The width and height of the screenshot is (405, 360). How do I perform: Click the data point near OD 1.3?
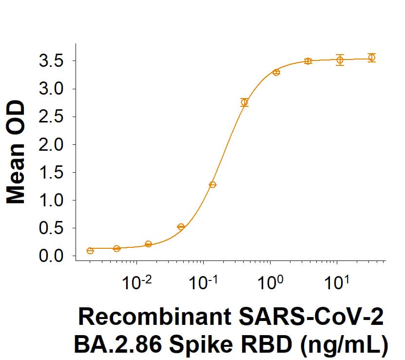coord(212,184)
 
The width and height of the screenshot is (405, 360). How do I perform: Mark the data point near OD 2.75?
coord(245,102)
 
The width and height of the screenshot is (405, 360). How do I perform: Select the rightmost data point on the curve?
coord(371,58)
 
